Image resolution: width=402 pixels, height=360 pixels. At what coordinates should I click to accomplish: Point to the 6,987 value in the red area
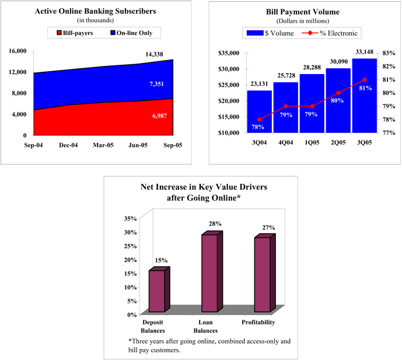159,117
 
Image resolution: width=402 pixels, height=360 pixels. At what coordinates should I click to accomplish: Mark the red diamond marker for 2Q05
338,93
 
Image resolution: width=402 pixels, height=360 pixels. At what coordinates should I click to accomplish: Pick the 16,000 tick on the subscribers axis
18,51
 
